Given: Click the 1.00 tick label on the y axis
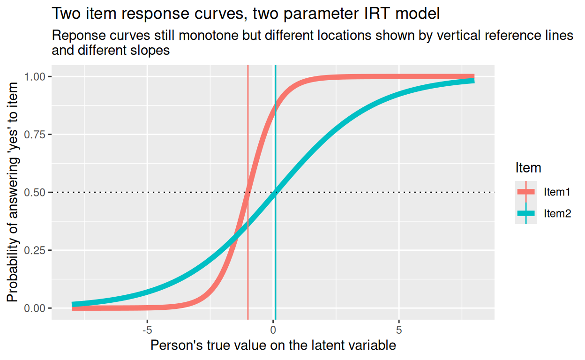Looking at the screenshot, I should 37,76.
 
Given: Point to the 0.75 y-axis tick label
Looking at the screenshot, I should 37,135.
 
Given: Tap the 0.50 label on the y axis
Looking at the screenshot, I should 37,192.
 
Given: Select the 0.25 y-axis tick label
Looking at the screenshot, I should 37,250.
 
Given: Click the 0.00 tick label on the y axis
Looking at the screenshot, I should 37,308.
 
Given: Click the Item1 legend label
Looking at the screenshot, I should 557,192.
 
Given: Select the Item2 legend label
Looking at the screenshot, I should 557,214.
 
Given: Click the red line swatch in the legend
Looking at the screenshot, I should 526,192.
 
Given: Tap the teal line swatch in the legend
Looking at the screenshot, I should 526,214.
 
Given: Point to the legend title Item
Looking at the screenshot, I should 528,167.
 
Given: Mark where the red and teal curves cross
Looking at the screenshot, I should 234,237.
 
